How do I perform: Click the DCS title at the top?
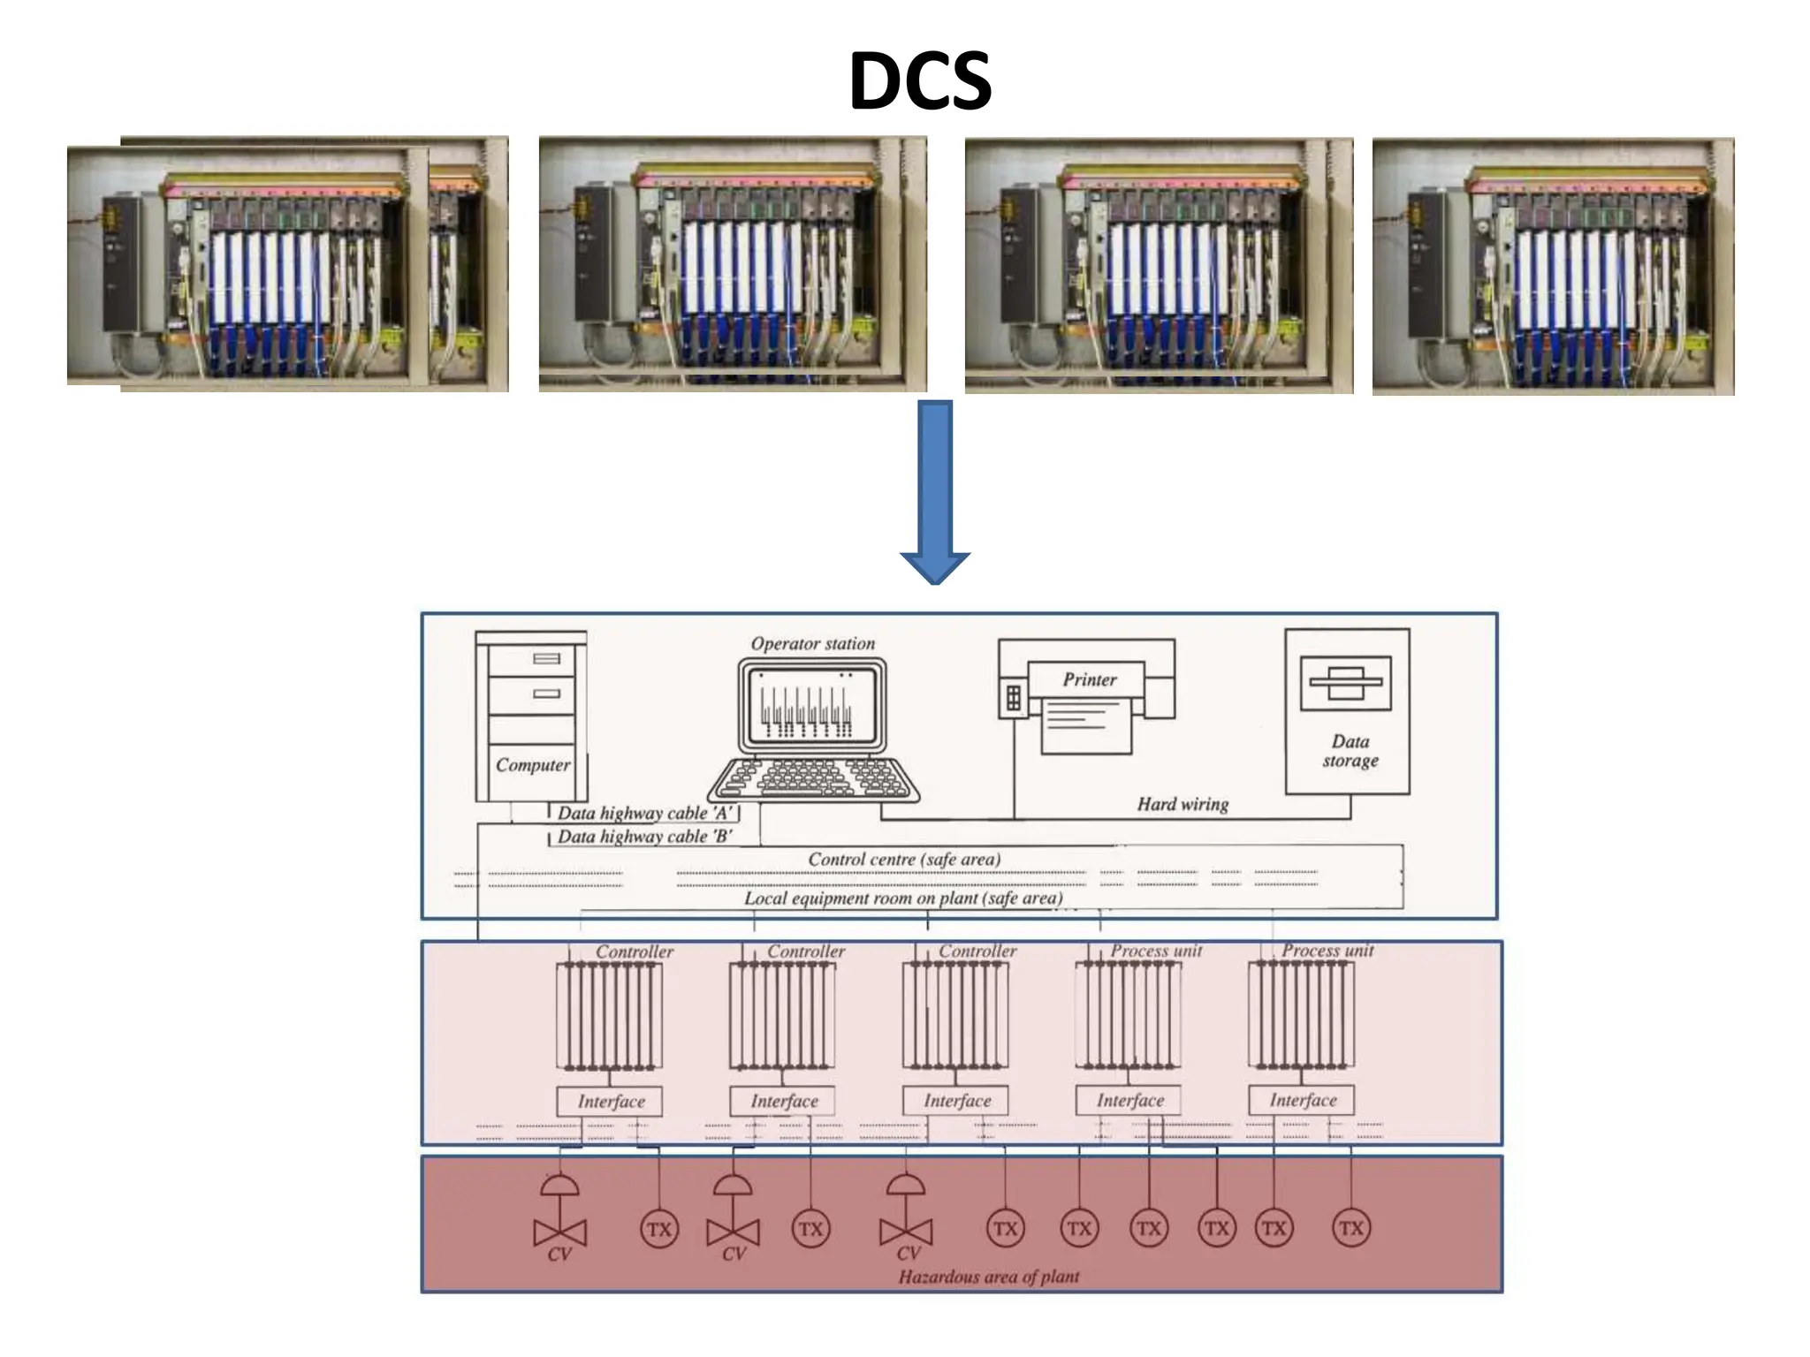point(919,81)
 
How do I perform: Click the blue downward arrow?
point(935,491)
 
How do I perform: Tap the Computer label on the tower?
point(532,765)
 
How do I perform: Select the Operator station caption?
point(812,644)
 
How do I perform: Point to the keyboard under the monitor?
point(813,779)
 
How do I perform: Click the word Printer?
point(1089,679)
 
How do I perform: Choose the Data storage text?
point(1350,751)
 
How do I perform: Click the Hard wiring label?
point(1182,804)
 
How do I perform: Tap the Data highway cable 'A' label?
point(645,813)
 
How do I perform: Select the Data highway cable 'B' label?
point(644,837)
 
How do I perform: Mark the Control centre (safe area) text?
point(903,860)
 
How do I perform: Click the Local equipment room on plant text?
point(902,898)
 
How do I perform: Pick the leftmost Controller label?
point(634,951)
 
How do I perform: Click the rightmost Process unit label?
point(1327,951)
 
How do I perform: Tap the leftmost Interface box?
point(610,1102)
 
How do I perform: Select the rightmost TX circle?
point(1350,1228)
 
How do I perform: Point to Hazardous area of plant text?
point(988,1277)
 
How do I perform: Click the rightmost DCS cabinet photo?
point(1553,266)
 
